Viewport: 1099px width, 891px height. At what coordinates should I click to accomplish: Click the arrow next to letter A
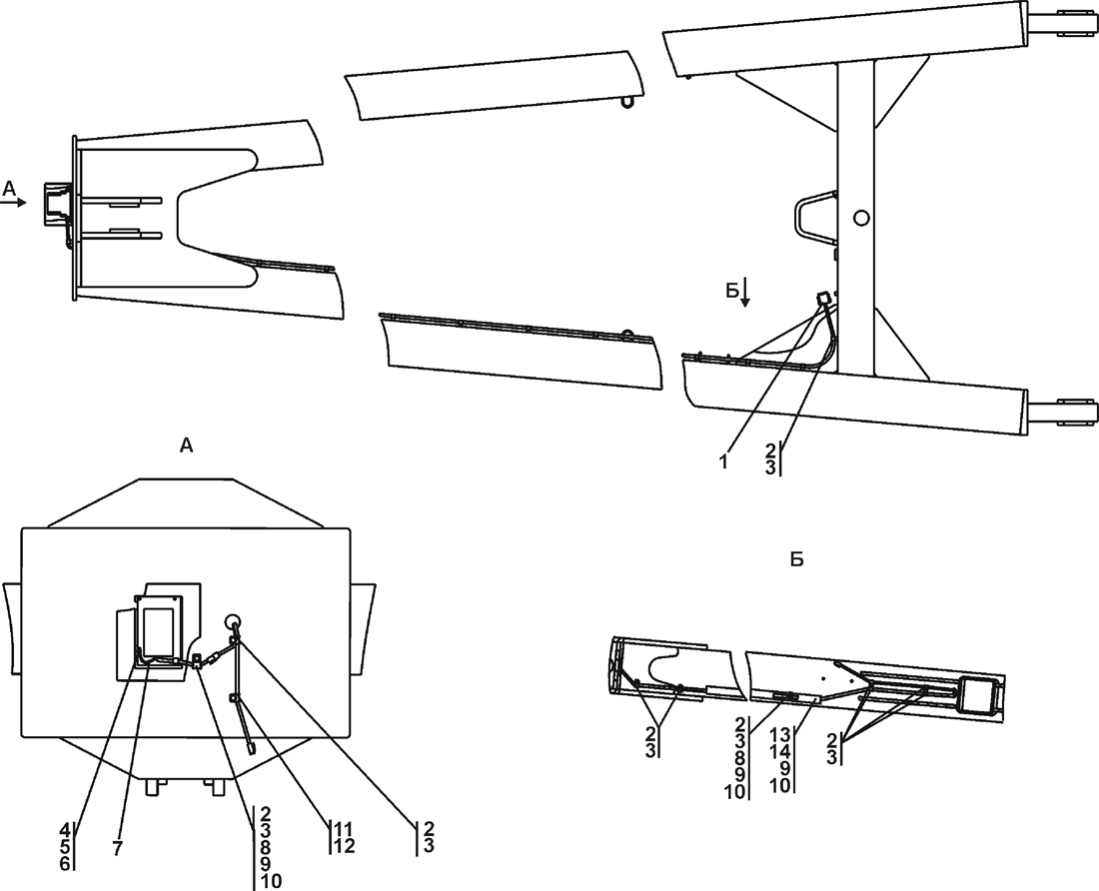coord(16,201)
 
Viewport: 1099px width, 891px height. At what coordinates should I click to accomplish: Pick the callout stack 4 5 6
coord(65,846)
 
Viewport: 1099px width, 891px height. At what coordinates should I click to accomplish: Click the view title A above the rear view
coord(186,446)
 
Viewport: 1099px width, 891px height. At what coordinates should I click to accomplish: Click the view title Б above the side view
coord(796,559)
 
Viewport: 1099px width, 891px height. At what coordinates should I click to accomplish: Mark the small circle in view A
coord(233,619)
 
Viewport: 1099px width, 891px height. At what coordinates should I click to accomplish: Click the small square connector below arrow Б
coord(823,298)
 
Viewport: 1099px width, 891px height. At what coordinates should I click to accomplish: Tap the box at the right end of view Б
coord(980,694)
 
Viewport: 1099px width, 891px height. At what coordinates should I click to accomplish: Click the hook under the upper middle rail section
coord(627,100)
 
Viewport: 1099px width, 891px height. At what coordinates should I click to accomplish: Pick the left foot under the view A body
coord(153,787)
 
